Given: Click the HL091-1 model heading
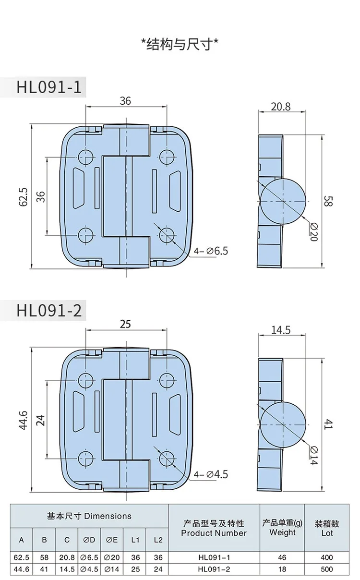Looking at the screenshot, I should coord(49,87).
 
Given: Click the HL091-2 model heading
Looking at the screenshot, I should coord(49,310).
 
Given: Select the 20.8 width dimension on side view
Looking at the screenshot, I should coord(280,107).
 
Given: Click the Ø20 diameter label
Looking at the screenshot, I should coord(313,232).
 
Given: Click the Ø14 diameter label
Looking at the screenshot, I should coord(313,456).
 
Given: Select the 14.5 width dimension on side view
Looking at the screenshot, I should coord(281,330).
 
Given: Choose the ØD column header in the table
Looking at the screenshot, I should coord(89,540).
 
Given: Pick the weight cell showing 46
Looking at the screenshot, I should coord(282,557).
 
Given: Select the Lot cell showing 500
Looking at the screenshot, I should coord(327,569).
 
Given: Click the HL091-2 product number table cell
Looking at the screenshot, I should coord(214,569).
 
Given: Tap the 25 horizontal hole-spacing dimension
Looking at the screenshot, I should coord(125,324).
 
